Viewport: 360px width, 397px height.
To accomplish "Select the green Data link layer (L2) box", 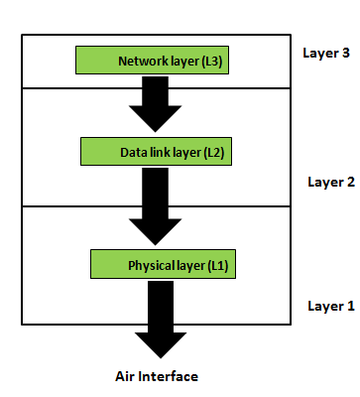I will click(162, 152).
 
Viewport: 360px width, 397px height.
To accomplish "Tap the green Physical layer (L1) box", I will click(165, 265).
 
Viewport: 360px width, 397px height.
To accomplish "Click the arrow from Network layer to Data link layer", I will click(157, 102).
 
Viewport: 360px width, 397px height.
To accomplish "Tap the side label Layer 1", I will click(330, 306).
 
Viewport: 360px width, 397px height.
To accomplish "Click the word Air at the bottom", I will click(127, 376).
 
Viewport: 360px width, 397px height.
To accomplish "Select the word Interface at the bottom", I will click(171, 376).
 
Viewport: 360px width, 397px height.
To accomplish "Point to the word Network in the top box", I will click(140, 61).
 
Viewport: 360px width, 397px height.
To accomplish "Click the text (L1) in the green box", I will click(218, 266).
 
